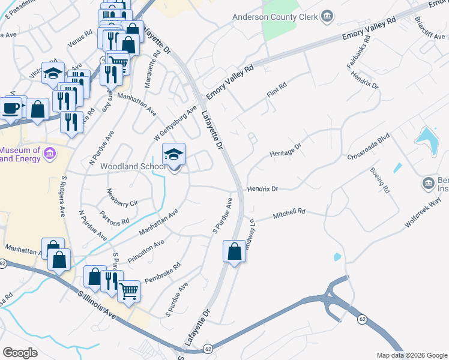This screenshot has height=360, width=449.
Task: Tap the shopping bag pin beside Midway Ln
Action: [234, 251]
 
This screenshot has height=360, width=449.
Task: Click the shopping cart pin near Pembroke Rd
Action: [129, 291]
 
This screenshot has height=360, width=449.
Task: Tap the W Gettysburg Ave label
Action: [175, 119]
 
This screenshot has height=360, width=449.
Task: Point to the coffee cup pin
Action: [10, 108]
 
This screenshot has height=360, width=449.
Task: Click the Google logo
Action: [20, 353]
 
